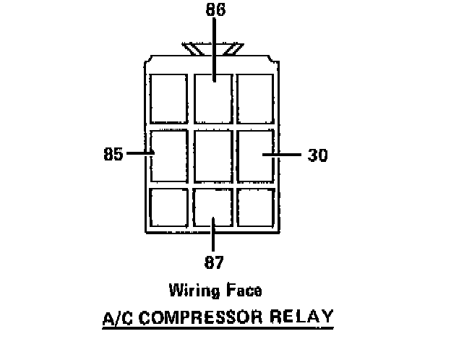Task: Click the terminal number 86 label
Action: click(214, 11)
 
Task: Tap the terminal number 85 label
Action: click(113, 154)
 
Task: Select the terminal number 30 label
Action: click(318, 155)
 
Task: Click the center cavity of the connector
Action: click(214, 155)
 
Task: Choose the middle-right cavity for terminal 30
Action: click(256, 155)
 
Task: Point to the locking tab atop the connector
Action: click(213, 49)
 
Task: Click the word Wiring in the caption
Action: click(194, 291)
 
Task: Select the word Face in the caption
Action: click(244, 291)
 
